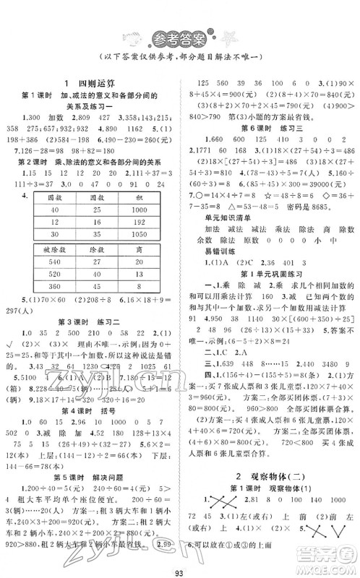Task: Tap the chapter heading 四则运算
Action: pyautogui.click(x=96, y=83)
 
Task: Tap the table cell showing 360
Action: pyautogui.click(x=49, y=288)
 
